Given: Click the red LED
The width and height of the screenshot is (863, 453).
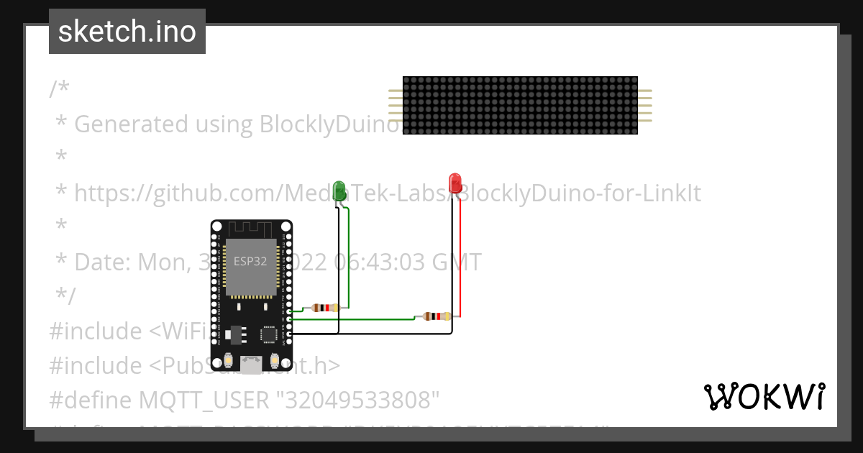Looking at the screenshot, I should click(455, 180).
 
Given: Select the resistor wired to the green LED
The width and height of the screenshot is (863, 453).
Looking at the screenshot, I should click(326, 308).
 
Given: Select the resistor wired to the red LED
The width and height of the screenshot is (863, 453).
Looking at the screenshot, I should click(437, 316).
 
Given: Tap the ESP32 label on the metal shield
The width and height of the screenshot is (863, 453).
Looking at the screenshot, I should click(250, 262).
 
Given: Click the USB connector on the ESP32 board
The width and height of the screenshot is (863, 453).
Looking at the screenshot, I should click(251, 365).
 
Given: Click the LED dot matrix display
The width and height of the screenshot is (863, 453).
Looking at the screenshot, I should click(520, 105).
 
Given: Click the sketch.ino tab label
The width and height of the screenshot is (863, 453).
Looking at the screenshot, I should click(127, 32).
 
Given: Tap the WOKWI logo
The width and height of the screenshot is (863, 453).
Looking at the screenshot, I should click(764, 396).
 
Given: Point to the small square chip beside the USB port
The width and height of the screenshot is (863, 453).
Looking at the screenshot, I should click(269, 334).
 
